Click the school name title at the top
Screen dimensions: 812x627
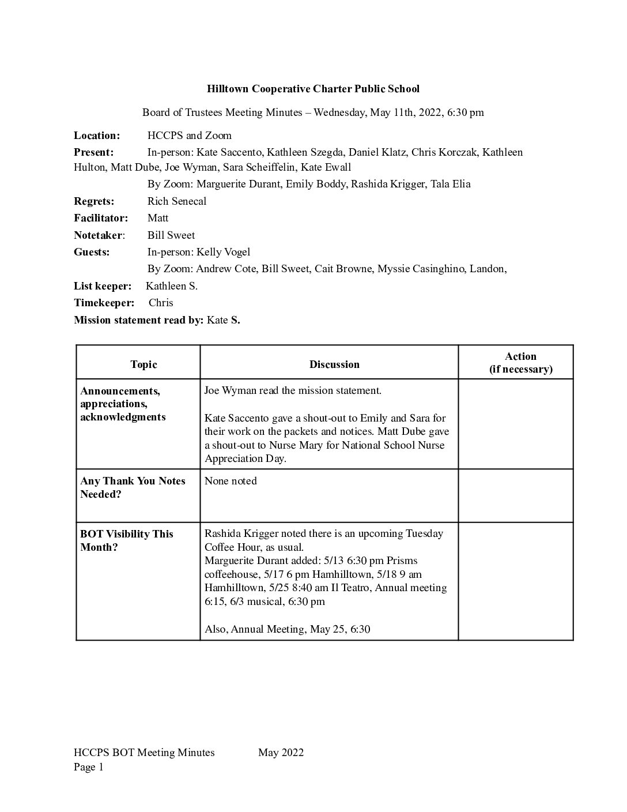pos(313,89)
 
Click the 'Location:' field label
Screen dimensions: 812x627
pos(97,136)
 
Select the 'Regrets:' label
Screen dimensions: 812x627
pos(94,201)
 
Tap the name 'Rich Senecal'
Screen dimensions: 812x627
pos(177,201)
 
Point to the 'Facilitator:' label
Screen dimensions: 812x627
pos(101,218)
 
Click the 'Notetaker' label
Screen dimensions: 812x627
pos(98,235)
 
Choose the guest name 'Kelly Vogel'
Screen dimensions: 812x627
pos(223,252)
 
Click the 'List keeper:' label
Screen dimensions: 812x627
pos(103,286)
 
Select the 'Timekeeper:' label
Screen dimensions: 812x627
pos(104,303)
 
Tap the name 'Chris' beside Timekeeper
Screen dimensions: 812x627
pos(161,303)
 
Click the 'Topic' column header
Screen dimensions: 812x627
pos(143,364)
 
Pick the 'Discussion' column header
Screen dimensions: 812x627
pos(334,364)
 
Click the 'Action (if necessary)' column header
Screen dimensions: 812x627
pos(520,363)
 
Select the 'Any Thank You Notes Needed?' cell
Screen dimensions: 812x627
pos(133,487)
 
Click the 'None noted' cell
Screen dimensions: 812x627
pos(231,481)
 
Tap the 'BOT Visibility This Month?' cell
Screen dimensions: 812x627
pos(127,540)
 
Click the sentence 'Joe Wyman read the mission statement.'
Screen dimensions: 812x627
pos(293,390)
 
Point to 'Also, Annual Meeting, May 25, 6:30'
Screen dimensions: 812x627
pos(287,629)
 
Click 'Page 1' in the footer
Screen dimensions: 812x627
pos(89,767)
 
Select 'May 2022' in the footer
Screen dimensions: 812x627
pos(281,752)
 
